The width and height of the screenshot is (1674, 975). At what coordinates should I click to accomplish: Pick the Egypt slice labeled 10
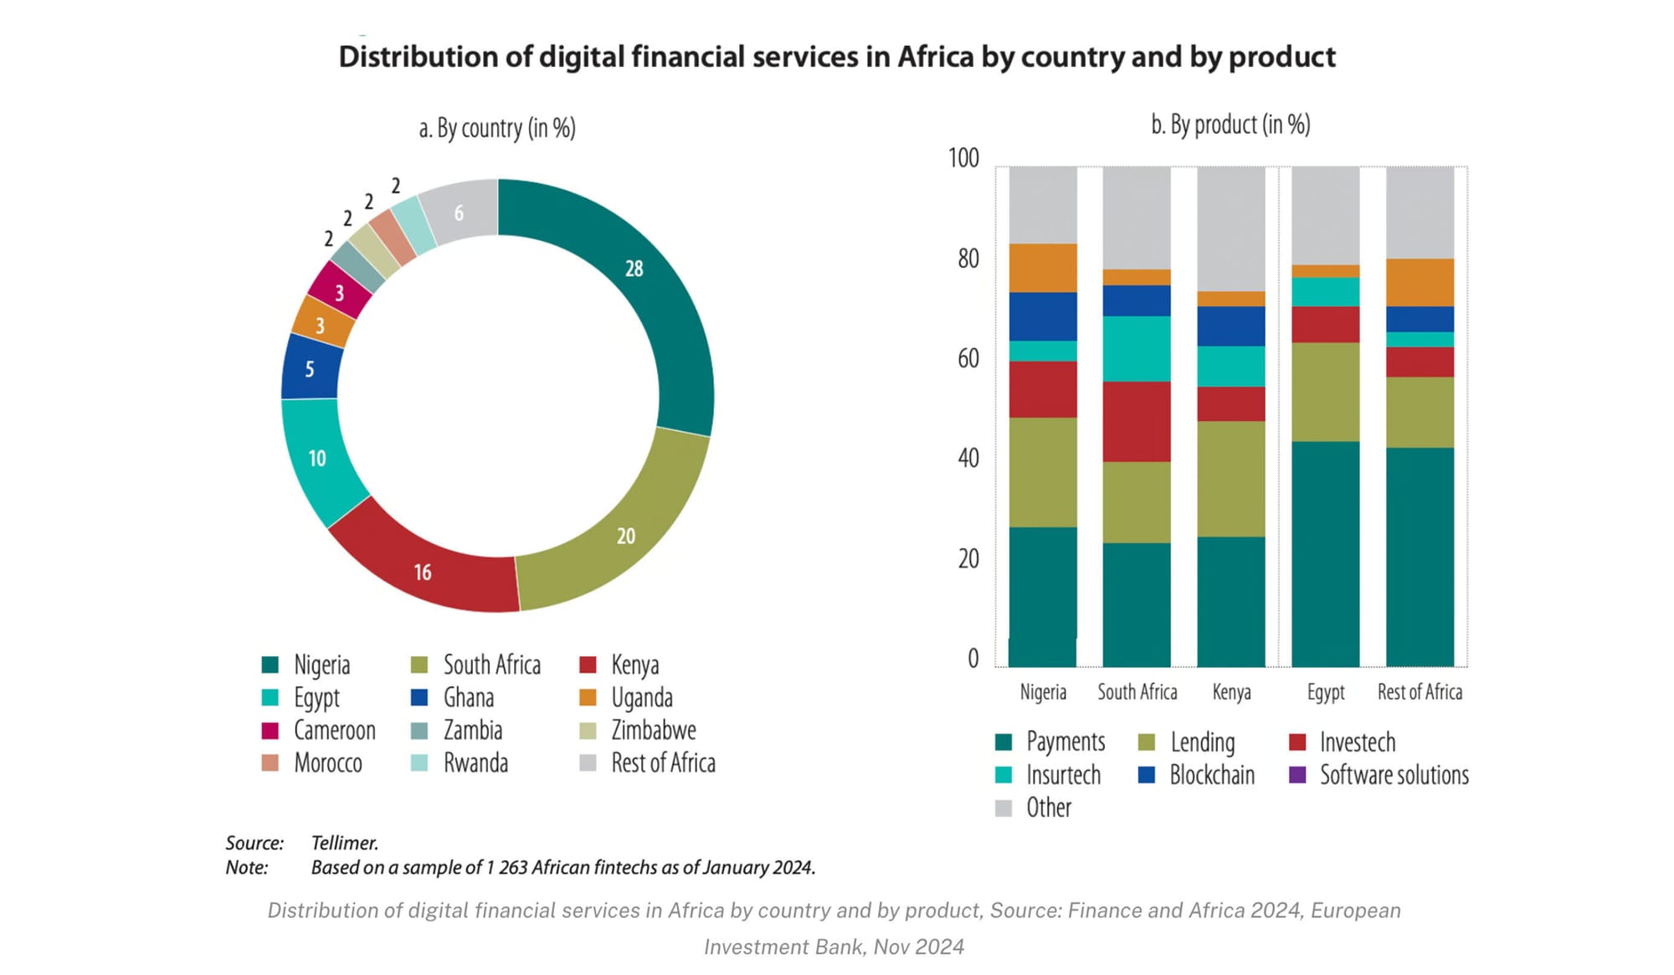(x=317, y=458)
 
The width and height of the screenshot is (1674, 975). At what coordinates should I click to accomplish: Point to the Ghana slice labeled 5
(x=310, y=368)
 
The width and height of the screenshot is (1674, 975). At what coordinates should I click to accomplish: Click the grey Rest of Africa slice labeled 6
(x=459, y=213)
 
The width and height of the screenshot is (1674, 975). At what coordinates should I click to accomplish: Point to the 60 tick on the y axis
(x=968, y=358)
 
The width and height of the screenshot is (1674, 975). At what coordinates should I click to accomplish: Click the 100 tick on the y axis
(x=963, y=158)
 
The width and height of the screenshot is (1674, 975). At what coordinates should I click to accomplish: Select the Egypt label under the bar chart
(x=1326, y=692)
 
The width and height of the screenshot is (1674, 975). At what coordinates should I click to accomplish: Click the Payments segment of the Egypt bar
(x=1326, y=552)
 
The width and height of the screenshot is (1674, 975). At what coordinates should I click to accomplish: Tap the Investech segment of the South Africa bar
(x=1137, y=421)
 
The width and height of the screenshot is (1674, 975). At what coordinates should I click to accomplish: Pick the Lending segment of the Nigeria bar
(x=1043, y=472)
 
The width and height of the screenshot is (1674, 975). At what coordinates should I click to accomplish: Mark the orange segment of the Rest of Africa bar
(x=1420, y=282)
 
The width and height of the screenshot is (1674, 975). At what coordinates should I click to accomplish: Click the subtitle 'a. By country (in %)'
(x=497, y=128)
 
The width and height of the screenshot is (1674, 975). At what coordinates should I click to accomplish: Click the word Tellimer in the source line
(x=345, y=843)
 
